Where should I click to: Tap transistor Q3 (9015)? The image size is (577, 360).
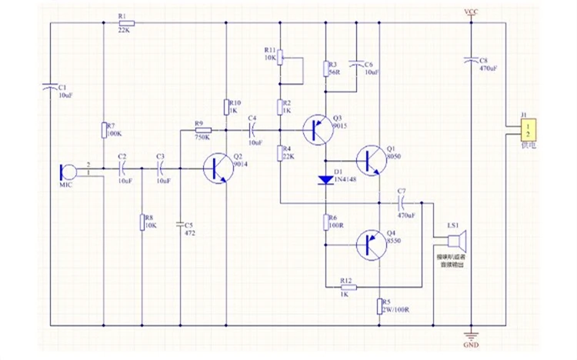click(x=317, y=129)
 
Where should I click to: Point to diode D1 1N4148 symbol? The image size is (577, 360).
click(x=326, y=181)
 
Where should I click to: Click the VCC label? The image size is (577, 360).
click(x=471, y=12)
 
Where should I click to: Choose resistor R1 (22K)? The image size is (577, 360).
click(x=124, y=23)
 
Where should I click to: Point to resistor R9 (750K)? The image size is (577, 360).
click(x=203, y=130)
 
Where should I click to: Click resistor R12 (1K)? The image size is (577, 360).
click(x=345, y=286)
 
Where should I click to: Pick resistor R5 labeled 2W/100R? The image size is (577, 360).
click(x=380, y=307)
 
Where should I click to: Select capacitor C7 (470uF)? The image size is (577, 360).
click(x=401, y=202)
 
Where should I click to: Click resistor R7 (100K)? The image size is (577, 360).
click(x=103, y=131)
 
